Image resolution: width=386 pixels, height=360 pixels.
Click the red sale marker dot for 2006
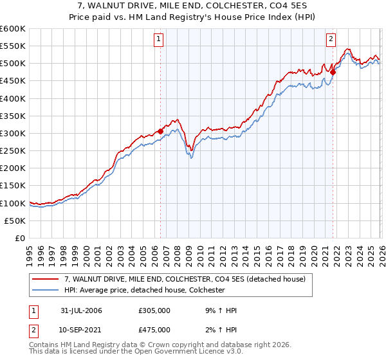[x=160, y=131]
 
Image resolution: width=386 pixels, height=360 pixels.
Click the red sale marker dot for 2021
[x=333, y=72]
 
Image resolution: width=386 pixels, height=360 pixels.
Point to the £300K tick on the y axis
[x=12, y=133]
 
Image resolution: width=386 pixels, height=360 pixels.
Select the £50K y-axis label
[x=15, y=221]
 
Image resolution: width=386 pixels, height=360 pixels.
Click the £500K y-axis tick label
[x=12, y=63]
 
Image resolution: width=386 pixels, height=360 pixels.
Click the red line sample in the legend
[x=46, y=279]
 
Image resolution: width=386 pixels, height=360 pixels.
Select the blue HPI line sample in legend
[x=46, y=290]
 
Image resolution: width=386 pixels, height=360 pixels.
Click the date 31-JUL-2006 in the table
[x=81, y=310]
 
